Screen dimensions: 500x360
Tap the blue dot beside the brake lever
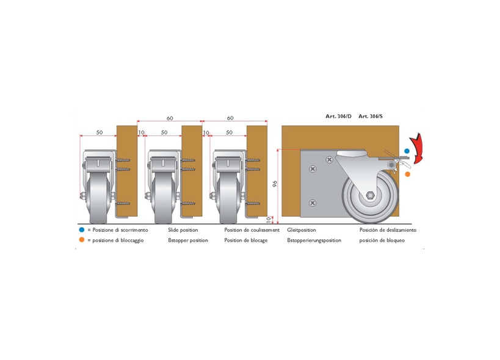407,151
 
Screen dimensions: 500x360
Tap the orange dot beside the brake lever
408,175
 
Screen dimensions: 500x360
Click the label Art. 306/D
338,117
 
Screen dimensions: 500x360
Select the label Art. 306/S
371,117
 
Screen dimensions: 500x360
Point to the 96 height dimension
275,184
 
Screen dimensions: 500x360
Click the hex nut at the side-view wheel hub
370,195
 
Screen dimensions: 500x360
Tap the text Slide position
183,230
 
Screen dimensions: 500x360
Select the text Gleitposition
302,230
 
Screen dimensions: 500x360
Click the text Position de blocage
246,240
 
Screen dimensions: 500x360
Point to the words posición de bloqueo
382,240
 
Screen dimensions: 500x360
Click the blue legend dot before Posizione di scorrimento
82,229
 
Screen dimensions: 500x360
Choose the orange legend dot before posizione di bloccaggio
82,240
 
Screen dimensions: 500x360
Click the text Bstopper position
188,240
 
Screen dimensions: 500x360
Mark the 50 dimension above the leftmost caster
100,132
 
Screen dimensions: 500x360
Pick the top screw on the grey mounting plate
330,160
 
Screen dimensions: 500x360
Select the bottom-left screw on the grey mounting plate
313,203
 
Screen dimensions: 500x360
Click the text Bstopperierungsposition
314,240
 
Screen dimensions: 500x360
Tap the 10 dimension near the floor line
269,220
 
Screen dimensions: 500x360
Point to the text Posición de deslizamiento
388,230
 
